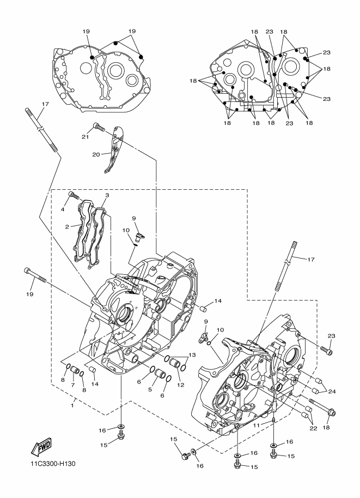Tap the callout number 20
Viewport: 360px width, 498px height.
click(96, 154)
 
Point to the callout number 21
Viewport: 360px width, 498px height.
click(85, 136)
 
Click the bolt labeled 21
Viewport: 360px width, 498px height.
click(99, 127)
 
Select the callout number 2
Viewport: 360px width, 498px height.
click(67, 227)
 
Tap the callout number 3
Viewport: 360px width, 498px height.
click(107, 195)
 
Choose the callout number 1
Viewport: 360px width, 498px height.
click(72, 406)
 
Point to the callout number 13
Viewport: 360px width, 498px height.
click(192, 355)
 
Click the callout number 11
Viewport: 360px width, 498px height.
click(257, 425)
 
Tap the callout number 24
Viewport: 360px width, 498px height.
click(332, 392)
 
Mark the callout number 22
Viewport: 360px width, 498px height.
click(313, 428)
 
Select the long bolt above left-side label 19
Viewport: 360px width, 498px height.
click(35, 275)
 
